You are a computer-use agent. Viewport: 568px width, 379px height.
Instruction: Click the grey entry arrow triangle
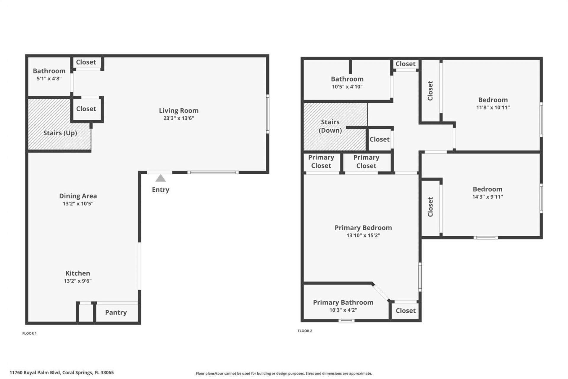160,178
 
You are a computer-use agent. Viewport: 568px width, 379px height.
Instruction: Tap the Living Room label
179,110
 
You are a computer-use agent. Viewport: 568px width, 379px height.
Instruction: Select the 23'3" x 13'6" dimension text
179,118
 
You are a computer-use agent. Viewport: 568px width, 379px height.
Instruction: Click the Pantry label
116,312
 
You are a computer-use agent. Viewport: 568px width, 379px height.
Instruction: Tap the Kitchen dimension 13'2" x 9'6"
78,281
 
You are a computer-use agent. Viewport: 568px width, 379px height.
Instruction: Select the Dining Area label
78,196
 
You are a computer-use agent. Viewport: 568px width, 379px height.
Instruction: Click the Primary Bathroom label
343,302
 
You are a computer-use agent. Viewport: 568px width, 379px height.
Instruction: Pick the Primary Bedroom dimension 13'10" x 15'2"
363,235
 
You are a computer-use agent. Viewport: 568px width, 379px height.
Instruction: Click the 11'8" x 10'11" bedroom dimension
493,107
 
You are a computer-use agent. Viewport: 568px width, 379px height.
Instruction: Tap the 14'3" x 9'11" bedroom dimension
488,197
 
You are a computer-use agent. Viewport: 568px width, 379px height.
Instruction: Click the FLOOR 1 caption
30,333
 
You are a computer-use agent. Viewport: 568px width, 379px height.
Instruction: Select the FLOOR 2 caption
305,331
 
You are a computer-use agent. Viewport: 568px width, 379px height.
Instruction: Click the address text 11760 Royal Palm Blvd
62,372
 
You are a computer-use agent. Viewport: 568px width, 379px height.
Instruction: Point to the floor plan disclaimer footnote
284,373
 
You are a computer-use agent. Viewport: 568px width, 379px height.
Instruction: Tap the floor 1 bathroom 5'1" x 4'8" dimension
49,79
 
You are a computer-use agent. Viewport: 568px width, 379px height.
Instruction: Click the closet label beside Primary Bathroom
406,311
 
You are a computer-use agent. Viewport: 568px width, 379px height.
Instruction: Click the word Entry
160,190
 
